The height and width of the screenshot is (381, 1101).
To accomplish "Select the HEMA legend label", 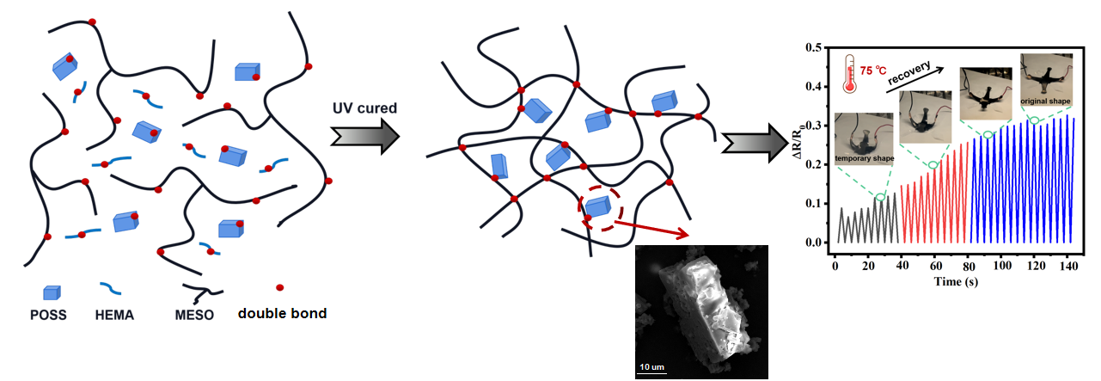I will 113,315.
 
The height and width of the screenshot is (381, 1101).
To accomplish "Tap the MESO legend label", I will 196,315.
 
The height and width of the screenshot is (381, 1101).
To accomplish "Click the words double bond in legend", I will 282,314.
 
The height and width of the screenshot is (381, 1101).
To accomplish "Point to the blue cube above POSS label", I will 52,292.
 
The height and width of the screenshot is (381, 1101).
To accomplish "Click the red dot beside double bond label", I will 279,287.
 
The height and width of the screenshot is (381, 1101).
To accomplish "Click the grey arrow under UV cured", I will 364,134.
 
